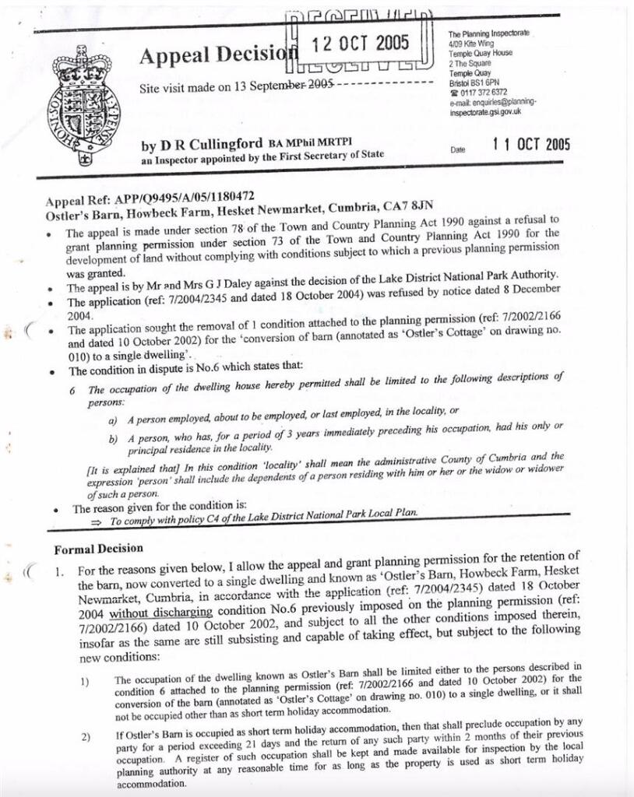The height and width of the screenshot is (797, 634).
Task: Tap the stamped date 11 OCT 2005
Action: (531, 145)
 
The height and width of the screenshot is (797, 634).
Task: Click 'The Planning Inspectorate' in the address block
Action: (488, 34)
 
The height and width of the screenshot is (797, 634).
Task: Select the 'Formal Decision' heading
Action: (98, 549)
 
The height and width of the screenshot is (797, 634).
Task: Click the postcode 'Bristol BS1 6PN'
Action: (474, 83)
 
